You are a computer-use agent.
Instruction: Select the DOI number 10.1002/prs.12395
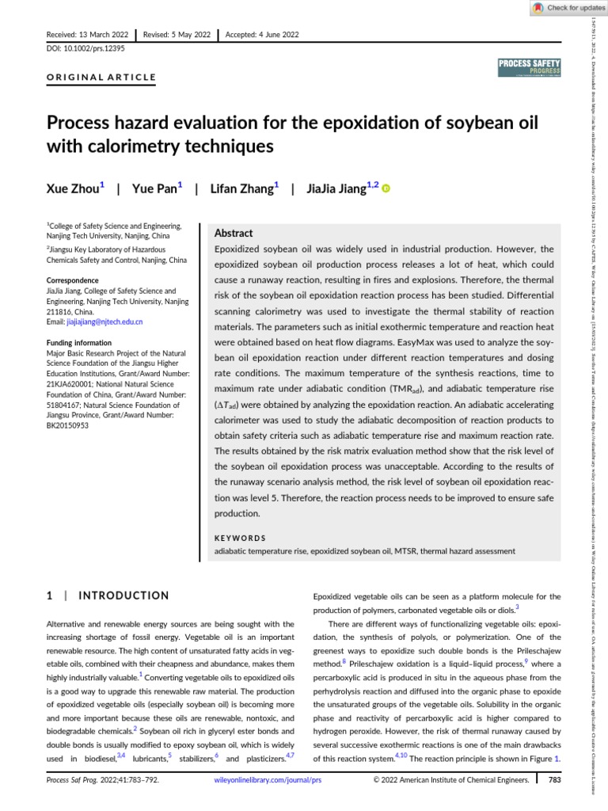pos(91,48)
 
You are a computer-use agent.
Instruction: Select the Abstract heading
pos(234,234)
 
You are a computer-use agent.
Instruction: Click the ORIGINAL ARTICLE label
pos(102,78)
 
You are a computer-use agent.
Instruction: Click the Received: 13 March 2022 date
pos(89,35)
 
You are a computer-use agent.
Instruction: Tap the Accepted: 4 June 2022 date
pos(262,35)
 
